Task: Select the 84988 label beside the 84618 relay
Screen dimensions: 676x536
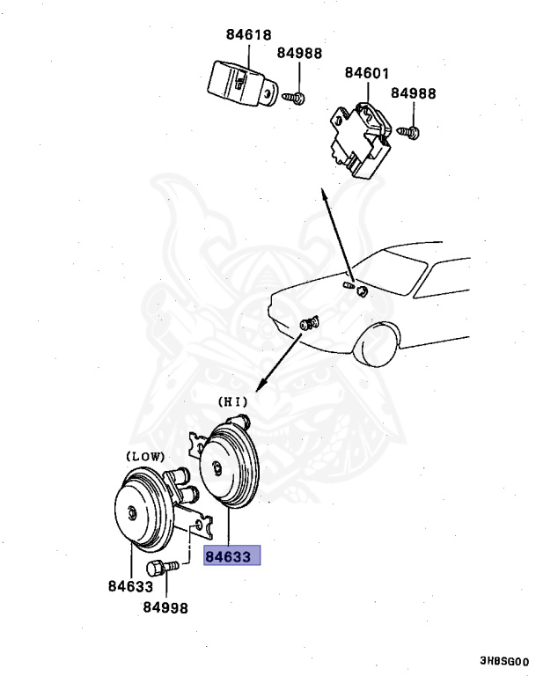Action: (300, 54)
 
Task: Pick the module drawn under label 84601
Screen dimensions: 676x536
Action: (361, 139)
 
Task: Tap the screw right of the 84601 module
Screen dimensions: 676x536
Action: (411, 133)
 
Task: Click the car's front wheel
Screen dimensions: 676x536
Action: (380, 342)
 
